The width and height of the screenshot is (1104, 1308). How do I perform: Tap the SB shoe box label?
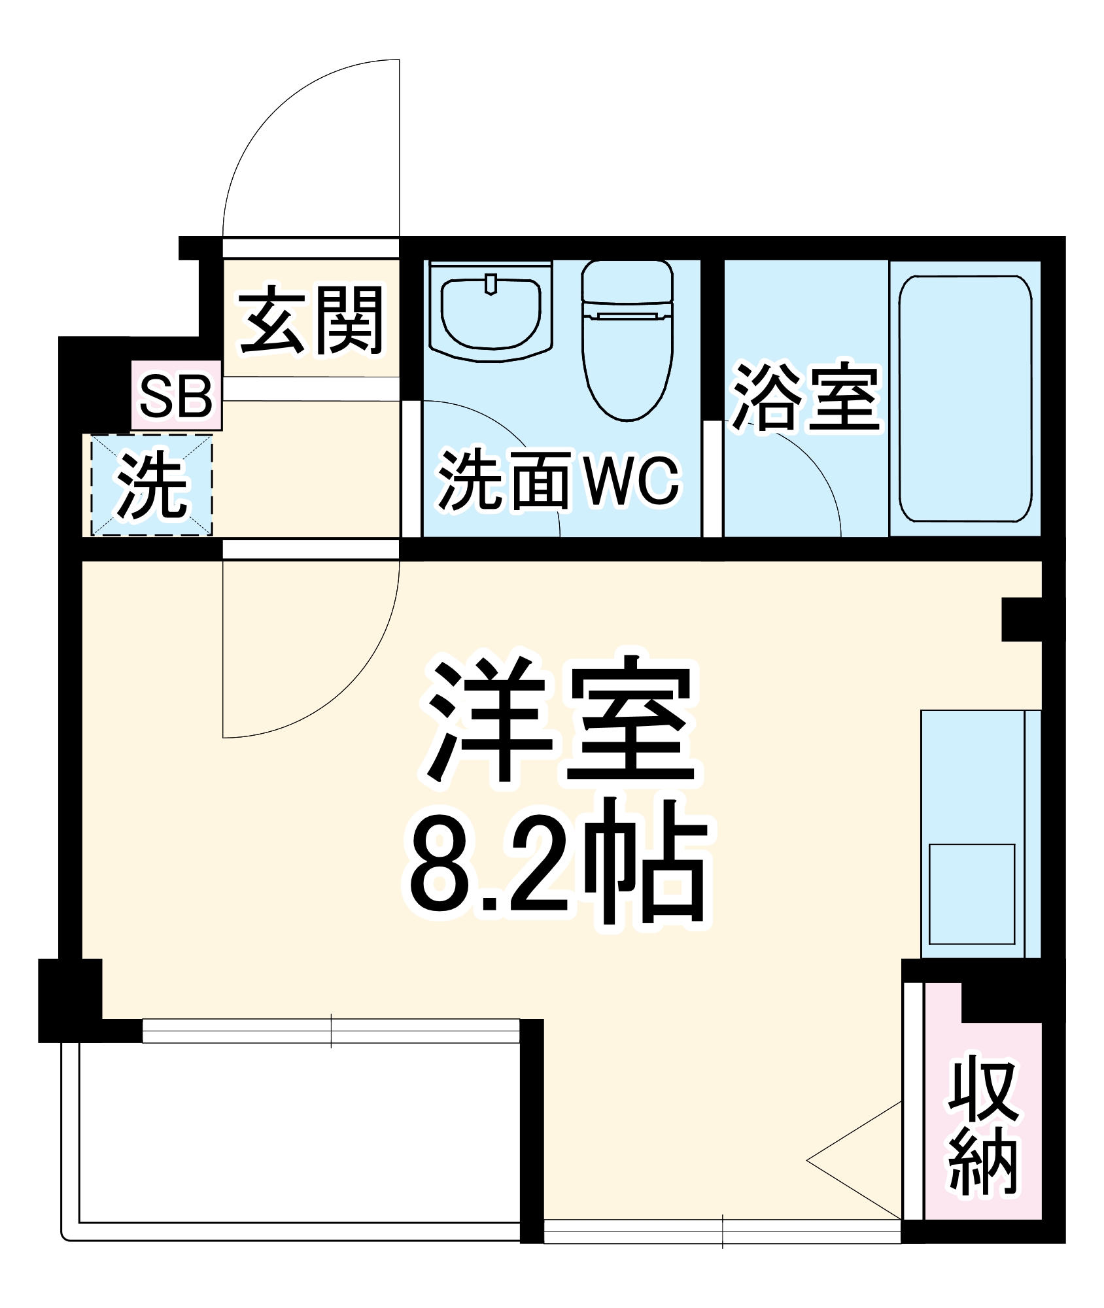click(177, 396)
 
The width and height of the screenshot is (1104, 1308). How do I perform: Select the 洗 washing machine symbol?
click(152, 485)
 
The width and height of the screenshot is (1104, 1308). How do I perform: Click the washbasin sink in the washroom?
click(491, 315)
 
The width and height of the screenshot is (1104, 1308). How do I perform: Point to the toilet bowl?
click(627, 366)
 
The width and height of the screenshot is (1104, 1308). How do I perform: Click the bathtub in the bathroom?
click(965, 398)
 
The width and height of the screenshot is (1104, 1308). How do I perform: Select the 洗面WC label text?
click(559, 481)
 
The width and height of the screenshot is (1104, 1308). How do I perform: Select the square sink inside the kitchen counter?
click(971, 893)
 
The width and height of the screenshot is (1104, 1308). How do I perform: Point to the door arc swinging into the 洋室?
click(353, 687)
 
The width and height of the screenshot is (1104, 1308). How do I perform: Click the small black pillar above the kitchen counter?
click(1021, 619)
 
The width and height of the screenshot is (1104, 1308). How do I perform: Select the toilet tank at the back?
click(627, 281)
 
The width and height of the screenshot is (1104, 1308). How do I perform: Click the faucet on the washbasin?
click(491, 284)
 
